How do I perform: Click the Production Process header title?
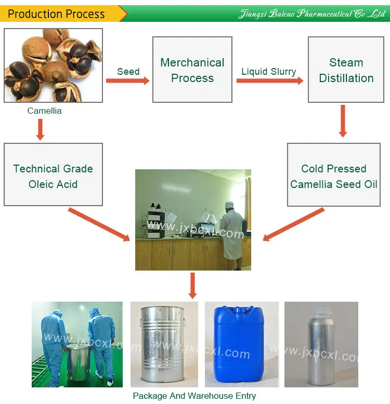(x=56, y=14)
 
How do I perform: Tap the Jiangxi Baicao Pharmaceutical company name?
(x=312, y=14)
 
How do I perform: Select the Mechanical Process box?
(x=192, y=70)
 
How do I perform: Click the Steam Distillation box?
(x=346, y=70)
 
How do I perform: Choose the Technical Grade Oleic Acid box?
(x=53, y=176)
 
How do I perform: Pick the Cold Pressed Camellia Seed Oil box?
(x=334, y=176)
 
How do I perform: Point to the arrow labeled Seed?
(x=128, y=80)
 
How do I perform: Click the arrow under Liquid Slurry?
(x=269, y=81)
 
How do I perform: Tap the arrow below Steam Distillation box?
(x=343, y=121)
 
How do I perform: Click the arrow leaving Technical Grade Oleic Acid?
(x=99, y=224)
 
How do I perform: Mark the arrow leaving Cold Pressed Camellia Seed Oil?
(x=294, y=224)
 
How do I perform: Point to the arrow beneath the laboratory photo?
(x=193, y=286)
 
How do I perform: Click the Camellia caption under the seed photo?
(x=44, y=111)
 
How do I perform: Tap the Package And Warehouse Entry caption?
(x=194, y=396)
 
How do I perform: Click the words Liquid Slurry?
(x=269, y=72)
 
